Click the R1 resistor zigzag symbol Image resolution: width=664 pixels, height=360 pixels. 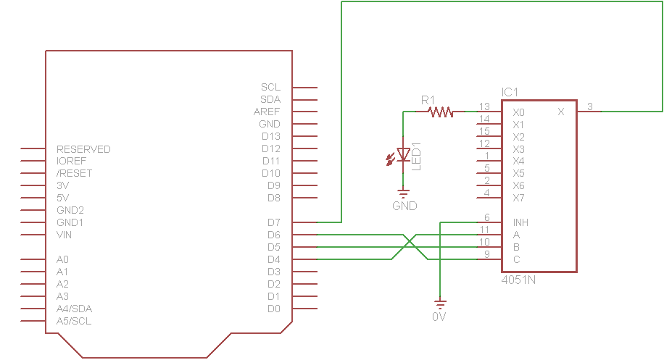(x=441, y=112)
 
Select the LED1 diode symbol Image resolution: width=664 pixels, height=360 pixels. (x=403, y=155)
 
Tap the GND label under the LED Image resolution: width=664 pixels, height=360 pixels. (x=404, y=206)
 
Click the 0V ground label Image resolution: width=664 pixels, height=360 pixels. (x=439, y=317)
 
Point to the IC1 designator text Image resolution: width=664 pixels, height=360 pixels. (x=510, y=92)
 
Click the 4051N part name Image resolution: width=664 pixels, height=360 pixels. (x=518, y=280)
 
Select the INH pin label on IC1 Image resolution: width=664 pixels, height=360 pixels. (x=520, y=222)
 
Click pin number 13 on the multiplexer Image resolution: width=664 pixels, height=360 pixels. (x=484, y=106)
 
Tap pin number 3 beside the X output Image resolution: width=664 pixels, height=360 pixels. (x=590, y=106)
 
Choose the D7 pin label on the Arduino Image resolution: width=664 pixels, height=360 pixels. (x=273, y=222)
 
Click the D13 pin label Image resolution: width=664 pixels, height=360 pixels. (x=270, y=136)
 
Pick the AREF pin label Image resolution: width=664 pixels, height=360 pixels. (x=267, y=112)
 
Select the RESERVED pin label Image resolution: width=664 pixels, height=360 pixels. (x=83, y=149)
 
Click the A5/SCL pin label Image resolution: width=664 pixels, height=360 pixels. (x=74, y=321)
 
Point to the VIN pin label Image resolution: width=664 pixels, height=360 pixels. (x=64, y=235)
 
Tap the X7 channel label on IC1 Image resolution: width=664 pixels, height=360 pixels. (x=518, y=198)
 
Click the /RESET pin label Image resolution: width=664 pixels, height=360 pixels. (x=74, y=173)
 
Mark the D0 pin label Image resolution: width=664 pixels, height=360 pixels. (x=273, y=309)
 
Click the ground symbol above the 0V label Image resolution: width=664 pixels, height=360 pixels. (x=441, y=304)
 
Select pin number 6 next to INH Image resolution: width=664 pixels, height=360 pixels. (x=487, y=217)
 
